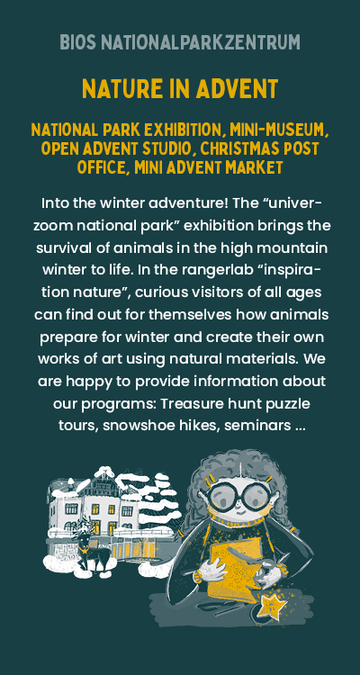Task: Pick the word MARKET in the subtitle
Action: [x=251, y=167]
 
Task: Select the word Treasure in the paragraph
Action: [x=189, y=404]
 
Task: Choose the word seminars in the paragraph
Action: [x=257, y=427]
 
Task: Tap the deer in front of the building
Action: [x=92, y=552]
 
